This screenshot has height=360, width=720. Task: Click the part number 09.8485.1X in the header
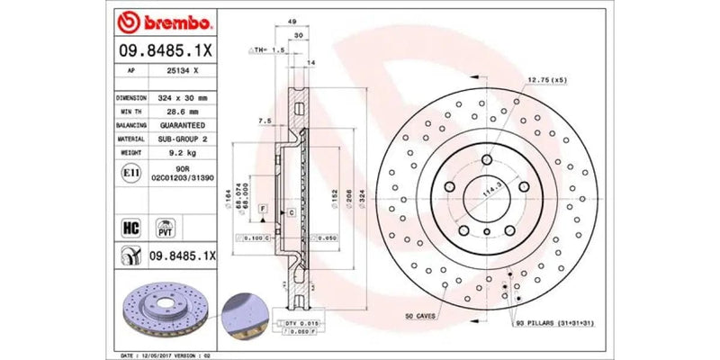[165, 50]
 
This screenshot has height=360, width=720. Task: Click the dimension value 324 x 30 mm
[183, 97]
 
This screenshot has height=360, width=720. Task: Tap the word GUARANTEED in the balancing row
[183, 125]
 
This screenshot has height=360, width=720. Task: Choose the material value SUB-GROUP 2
[183, 139]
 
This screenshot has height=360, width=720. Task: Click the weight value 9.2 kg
[183, 154]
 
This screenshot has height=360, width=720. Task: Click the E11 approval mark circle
[129, 172]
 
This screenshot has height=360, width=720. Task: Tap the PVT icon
[165, 225]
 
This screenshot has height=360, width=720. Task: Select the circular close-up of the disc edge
[242, 310]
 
